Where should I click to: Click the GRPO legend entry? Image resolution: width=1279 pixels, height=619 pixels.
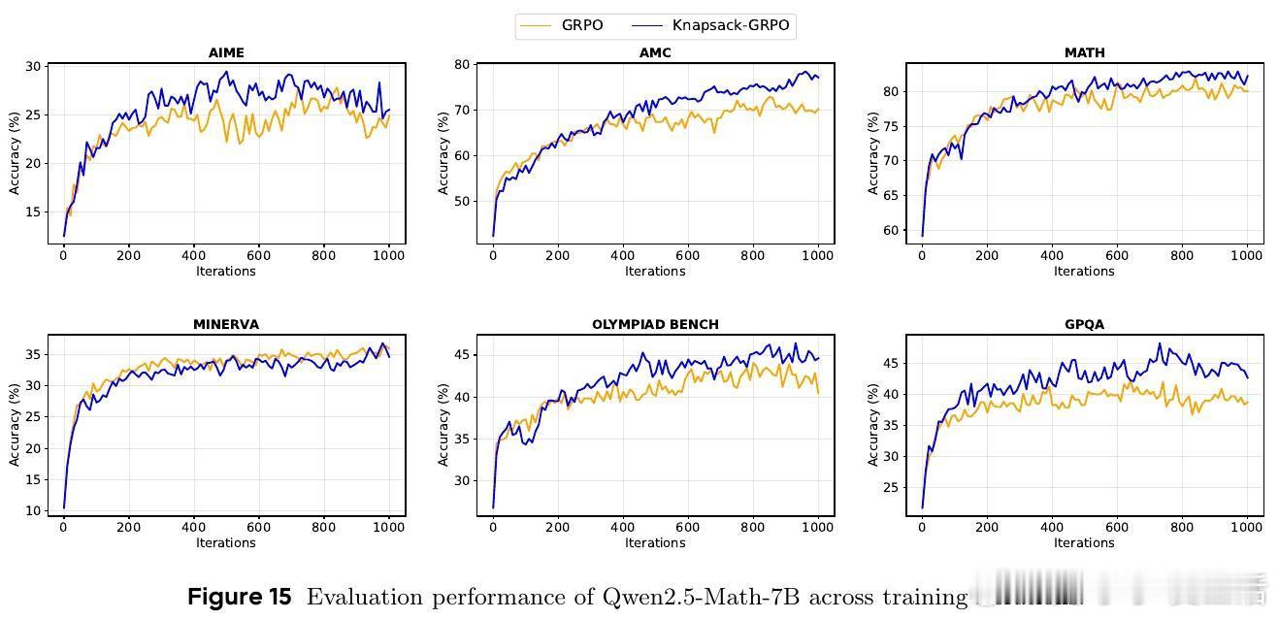581,25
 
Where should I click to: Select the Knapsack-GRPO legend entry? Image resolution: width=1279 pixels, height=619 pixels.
731,25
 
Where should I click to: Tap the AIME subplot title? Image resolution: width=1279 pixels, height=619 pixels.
226,52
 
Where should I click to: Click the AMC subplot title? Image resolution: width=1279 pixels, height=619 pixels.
655,52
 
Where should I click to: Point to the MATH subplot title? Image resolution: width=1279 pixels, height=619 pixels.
1084,52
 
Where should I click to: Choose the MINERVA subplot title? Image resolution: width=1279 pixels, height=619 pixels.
226,324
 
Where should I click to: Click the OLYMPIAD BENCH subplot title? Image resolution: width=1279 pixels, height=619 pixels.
655,324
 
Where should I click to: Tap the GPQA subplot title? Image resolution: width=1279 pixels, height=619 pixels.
1084,324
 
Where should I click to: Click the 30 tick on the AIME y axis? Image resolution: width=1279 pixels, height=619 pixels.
32,67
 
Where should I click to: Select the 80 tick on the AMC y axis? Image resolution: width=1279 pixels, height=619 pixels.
461,65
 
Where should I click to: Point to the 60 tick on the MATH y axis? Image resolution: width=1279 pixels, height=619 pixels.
890,231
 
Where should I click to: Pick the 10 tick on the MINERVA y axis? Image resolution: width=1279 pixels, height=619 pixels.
32,510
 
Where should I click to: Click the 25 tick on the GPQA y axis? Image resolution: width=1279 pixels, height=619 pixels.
890,487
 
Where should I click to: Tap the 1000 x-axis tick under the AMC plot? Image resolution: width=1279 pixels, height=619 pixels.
817,255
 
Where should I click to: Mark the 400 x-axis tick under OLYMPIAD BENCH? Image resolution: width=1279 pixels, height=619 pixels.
622,527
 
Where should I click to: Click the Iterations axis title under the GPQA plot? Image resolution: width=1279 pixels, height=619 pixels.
1084,542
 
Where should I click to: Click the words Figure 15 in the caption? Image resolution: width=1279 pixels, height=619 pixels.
239,597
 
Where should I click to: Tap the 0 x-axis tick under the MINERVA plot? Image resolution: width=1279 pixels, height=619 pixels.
63,527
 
